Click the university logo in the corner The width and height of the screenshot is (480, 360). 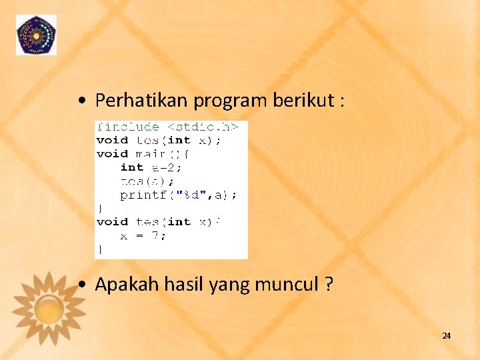(36, 35)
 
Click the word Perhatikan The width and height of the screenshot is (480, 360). (142, 101)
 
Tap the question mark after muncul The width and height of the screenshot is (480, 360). (329, 285)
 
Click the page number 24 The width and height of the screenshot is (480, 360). (446, 336)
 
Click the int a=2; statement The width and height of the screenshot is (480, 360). (151, 167)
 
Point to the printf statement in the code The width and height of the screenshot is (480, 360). (178, 195)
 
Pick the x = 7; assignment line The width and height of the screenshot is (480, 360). (143, 236)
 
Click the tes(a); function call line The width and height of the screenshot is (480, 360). (147, 181)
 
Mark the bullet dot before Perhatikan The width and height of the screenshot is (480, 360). (81, 102)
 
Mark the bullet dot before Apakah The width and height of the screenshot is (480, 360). (81, 286)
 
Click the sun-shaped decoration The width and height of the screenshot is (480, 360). (49, 307)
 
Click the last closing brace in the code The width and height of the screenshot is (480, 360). (101, 249)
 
